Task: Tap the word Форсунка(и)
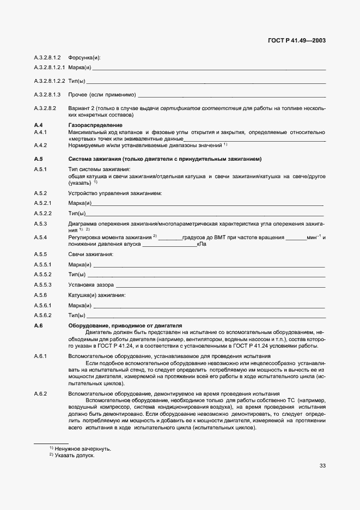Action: pyautogui.click(x=84, y=57)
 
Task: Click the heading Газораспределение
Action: pyautogui.click(x=95, y=125)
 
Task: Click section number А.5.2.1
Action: pyautogui.click(x=43, y=203)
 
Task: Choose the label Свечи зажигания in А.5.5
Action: pyautogui.click(x=90, y=254)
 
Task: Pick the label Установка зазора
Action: pyautogui.click(x=91, y=284)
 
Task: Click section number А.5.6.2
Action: pyautogui.click(x=43, y=315)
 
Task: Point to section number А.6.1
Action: pyautogui.click(x=41, y=356)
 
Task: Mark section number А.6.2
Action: pyautogui.click(x=41, y=393)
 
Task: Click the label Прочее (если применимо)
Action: pyautogui.click(x=102, y=95)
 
